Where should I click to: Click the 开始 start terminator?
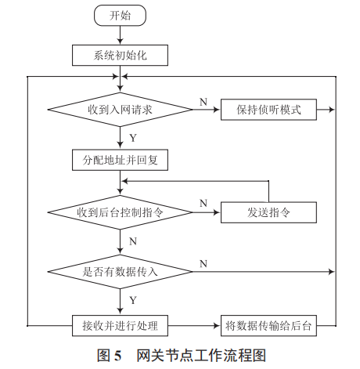(x=120, y=15)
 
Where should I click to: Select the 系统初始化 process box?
(x=120, y=55)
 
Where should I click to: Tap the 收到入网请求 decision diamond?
(x=120, y=110)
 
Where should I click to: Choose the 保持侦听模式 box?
(x=268, y=110)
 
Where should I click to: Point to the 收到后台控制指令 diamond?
(x=120, y=212)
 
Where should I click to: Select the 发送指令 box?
(x=268, y=212)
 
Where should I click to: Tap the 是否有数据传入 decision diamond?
(x=120, y=271)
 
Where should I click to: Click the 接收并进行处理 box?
(x=120, y=324)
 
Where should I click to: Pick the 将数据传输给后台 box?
(x=268, y=324)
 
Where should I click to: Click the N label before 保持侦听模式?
(x=203, y=102)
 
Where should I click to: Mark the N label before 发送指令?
(x=203, y=204)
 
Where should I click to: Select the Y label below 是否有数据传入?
(x=132, y=299)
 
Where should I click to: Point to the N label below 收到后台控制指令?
(x=132, y=241)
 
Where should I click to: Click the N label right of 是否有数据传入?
(x=203, y=262)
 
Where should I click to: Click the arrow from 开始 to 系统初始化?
(x=120, y=35)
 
